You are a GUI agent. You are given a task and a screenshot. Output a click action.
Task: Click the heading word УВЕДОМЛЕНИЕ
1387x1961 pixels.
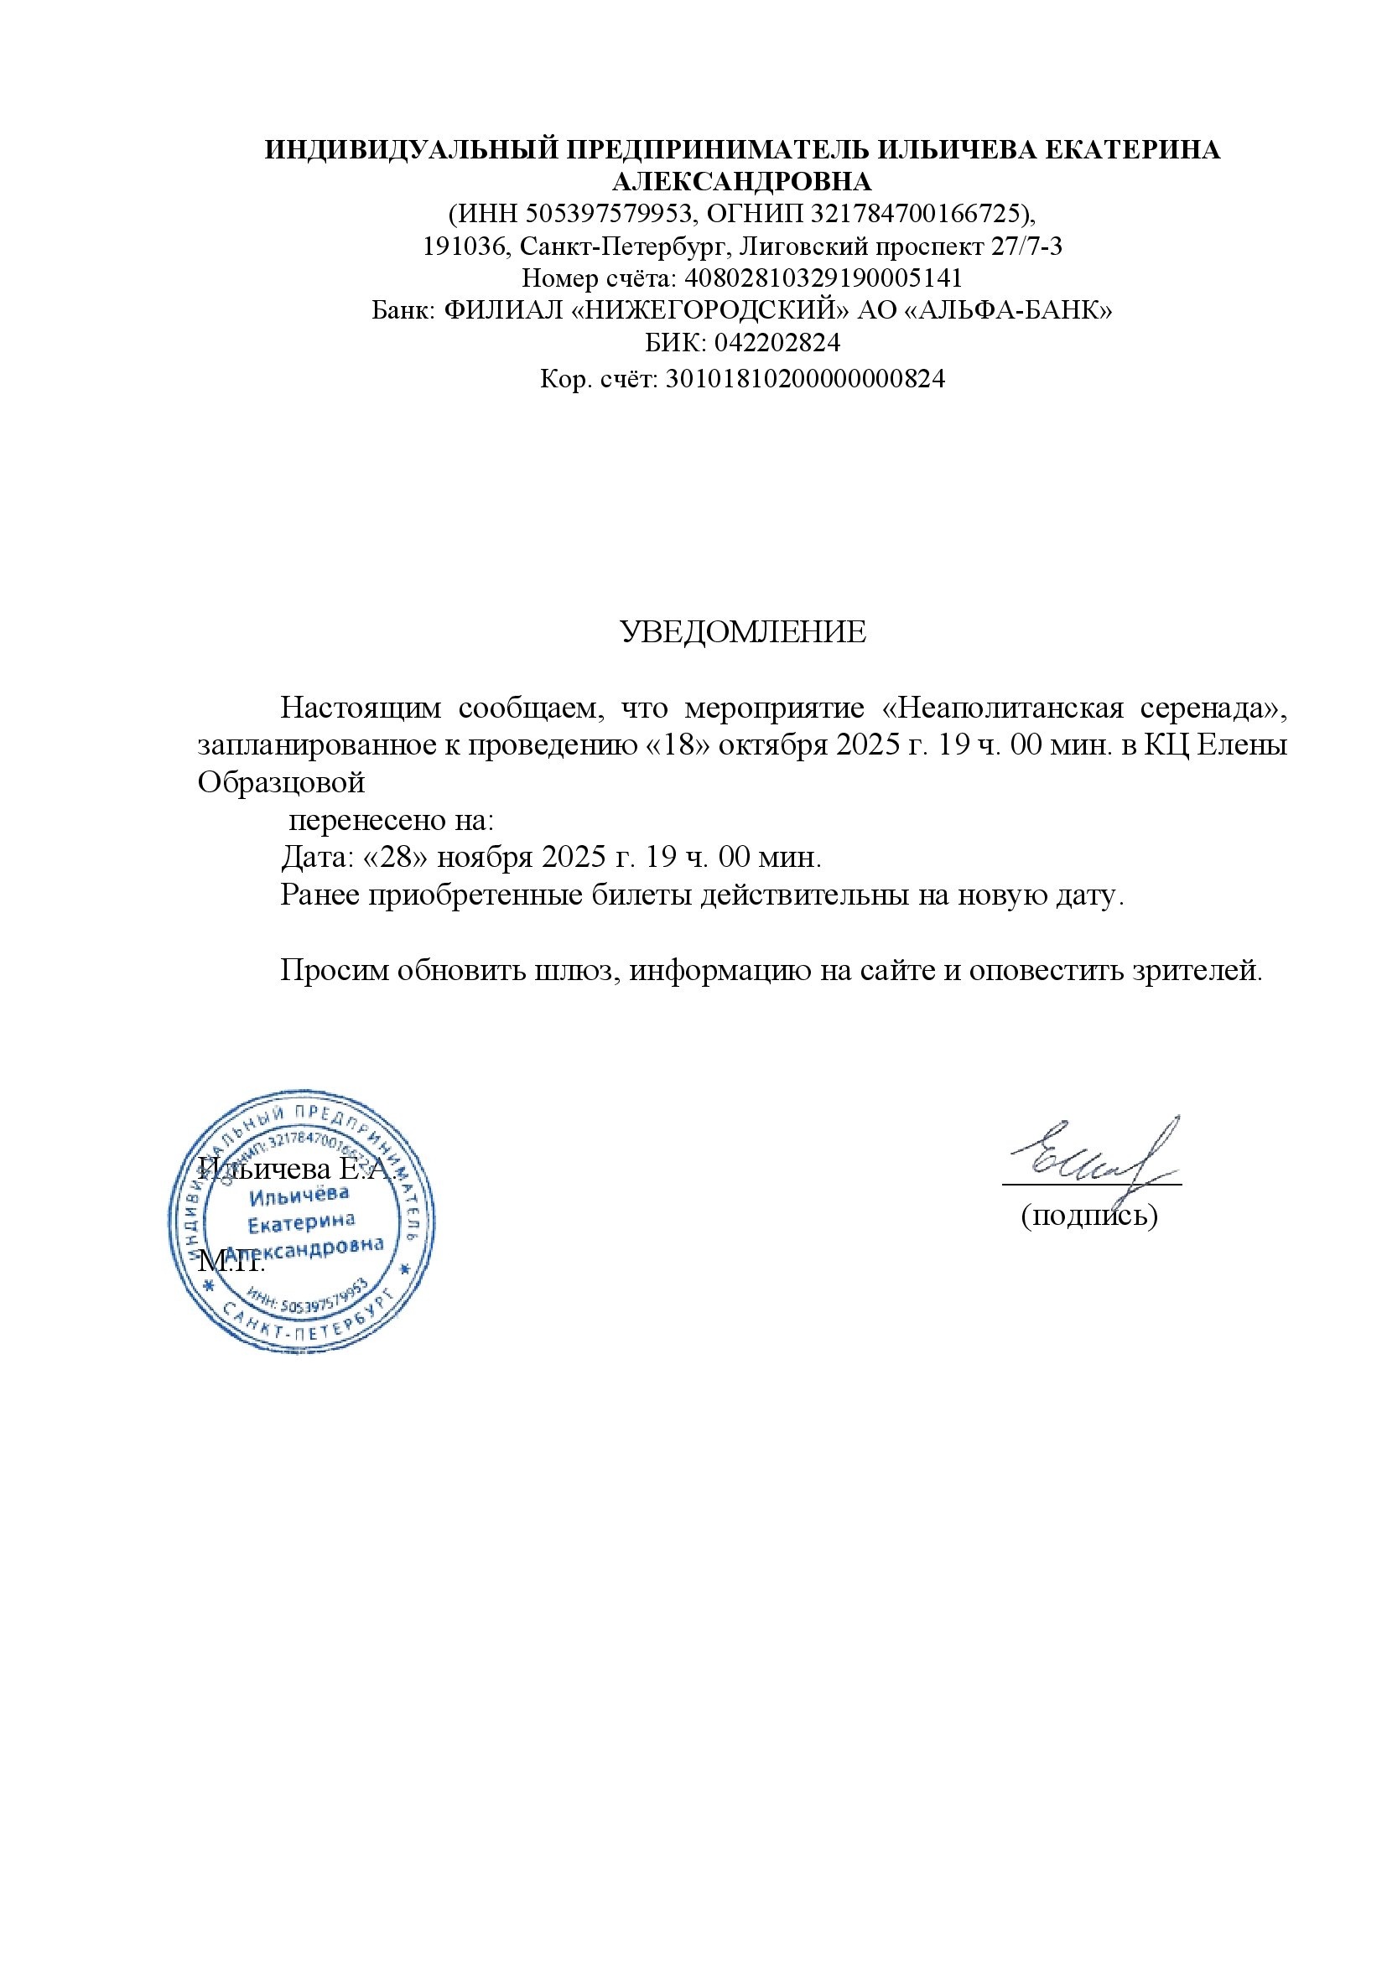(742, 632)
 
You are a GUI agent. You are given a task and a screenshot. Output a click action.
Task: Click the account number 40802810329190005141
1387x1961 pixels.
(824, 278)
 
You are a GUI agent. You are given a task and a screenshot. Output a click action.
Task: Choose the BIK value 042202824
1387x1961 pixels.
(777, 343)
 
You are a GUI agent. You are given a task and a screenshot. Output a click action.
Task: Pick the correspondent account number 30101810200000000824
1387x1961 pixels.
(804, 377)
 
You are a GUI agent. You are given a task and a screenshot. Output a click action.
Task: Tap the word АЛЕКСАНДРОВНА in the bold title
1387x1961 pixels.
(742, 181)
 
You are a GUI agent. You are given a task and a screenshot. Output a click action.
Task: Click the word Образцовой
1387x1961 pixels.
(281, 782)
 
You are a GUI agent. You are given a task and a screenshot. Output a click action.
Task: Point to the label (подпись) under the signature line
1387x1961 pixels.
(1090, 1215)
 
